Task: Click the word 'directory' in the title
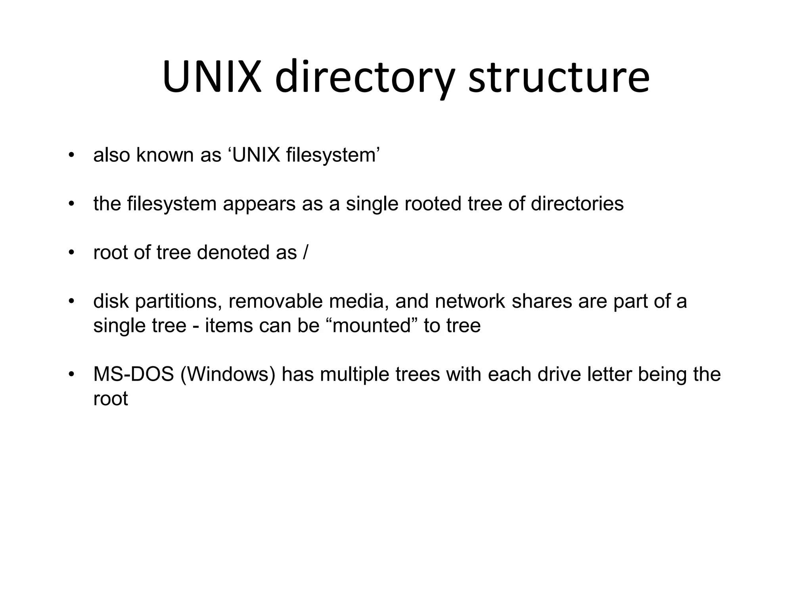364,78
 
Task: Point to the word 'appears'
259,204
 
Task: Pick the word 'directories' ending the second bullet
577,203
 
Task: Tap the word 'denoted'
233,253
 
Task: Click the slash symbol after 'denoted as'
304,253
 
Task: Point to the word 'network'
470,301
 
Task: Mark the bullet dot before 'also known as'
71,155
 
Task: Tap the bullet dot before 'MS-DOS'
71,375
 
